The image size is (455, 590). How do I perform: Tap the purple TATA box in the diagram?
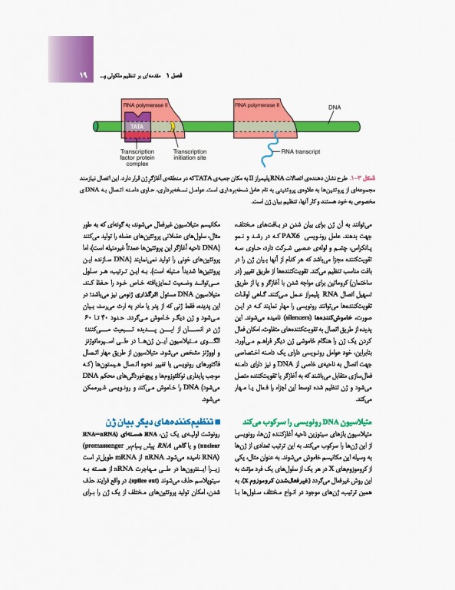[x=137, y=125]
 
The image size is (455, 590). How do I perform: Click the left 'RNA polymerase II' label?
[x=142, y=102]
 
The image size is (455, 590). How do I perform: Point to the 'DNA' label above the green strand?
[x=335, y=108]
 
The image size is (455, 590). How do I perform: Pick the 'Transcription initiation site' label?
[x=190, y=155]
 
